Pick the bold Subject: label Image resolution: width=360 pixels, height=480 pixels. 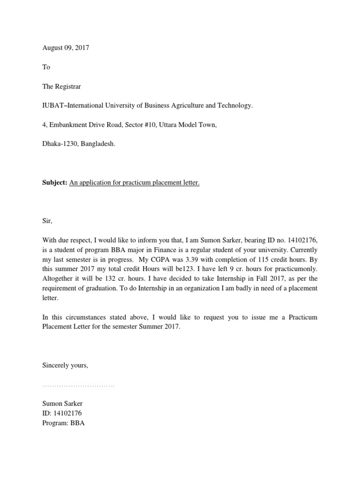click(x=55, y=183)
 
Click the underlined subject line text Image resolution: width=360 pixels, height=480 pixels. click(x=135, y=183)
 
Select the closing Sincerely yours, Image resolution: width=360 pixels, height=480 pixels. click(x=65, y=365)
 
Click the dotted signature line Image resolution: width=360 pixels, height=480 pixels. click(x=78, y=386)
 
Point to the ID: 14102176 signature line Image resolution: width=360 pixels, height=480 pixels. click(x=62, y=413)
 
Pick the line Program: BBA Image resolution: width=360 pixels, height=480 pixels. click(x=63, y=422)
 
